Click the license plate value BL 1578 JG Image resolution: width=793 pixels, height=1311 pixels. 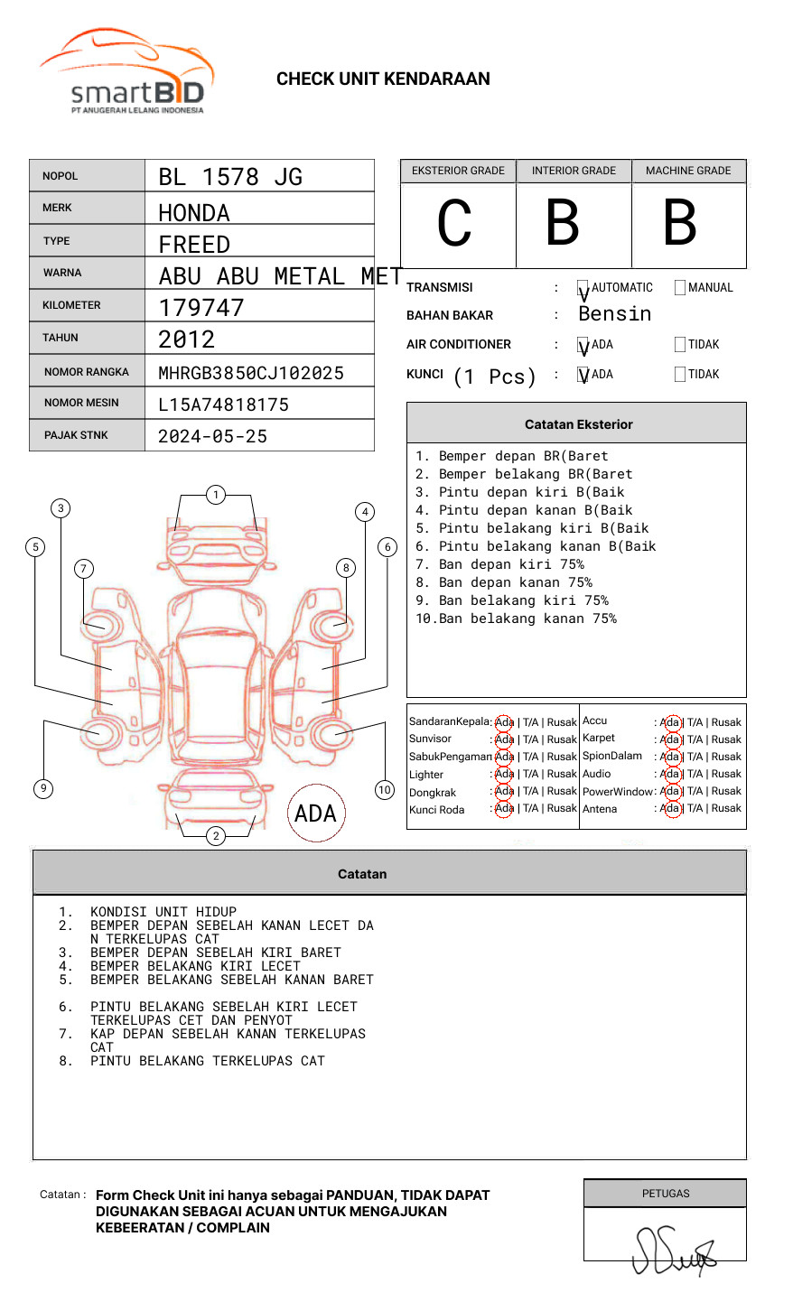(230, 177)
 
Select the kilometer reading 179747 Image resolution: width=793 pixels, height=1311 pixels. (201, 308)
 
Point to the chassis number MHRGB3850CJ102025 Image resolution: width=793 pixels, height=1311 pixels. (251, 373)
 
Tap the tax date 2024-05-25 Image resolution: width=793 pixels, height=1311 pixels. (213, 436)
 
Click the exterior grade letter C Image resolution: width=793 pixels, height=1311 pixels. (454, 223)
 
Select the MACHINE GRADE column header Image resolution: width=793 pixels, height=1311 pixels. (688, 171)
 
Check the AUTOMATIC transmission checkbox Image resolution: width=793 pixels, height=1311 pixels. (583, 288)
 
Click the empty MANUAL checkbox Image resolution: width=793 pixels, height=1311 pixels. (680, 288)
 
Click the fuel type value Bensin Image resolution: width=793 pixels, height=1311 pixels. (615, 314)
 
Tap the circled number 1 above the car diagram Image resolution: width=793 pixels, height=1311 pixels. (215, 495)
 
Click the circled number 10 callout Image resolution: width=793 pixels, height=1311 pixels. (385, 790)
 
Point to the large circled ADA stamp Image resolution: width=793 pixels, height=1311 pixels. (315, 814)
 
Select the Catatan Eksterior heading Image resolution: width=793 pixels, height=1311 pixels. (578, 424)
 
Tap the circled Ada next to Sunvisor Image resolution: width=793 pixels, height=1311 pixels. (504, 739)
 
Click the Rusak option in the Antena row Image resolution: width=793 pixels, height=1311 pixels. (726, 808)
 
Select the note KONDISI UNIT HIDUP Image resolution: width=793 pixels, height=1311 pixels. (163, 912)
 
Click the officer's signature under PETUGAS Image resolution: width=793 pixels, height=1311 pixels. (673, 1250)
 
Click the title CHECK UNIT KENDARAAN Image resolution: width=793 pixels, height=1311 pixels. (383, 79)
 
